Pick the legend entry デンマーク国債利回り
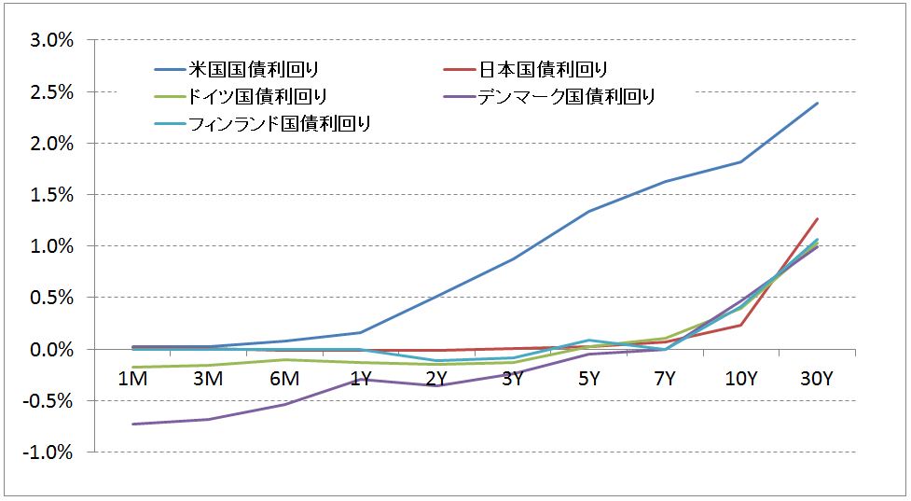click(x=566, y=96)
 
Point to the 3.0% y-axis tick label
click(x=52, y=41)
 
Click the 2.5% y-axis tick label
click(x=52, y=92)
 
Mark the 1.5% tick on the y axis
click(x=52, y=195)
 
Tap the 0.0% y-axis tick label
click(x=52, y=349)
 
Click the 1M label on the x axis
click(x=131, y=379)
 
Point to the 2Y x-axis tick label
click(x=435, y=379)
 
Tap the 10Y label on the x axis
click(x=740, y=379)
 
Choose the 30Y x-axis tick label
click(x=817, y=379)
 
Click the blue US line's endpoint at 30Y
click(x=818, y=103)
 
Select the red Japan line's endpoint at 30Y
click(x=818, y=219)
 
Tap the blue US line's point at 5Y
click(x=588, y=212)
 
